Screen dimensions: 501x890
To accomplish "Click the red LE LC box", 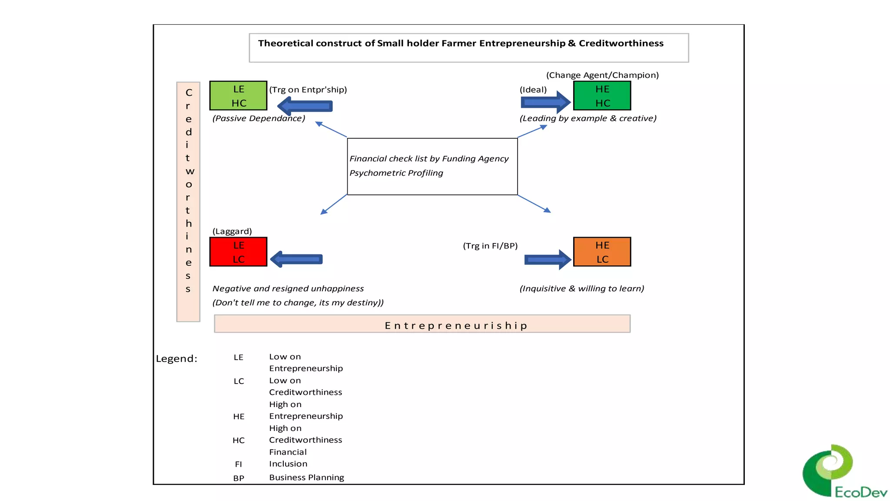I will click(238, 252).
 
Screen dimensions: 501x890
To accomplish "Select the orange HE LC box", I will click(602, 252).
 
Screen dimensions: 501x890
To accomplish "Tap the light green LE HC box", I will click(238, 96).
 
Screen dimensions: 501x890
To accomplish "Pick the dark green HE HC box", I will click(602, 96).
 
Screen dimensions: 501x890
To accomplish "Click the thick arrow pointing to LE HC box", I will click(305, 106).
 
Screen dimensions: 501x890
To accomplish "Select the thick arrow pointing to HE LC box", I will click(547, 260).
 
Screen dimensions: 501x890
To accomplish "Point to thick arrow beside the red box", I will click(296, 259).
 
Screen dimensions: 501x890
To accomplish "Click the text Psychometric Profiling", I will click(396, 173).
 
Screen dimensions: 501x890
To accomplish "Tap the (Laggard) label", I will click(232, 231).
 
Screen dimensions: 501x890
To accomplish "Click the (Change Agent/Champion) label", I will click(602, 75).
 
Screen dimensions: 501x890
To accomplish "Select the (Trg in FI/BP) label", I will click(490, 246).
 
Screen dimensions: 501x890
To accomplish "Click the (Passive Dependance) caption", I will click(259, 118).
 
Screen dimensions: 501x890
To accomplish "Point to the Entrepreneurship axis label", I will click(456, 326).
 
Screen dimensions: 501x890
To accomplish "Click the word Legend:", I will click(176, 359).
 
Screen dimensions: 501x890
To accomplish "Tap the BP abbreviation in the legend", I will click(239, 478).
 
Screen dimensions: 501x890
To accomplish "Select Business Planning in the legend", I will click(306, 478).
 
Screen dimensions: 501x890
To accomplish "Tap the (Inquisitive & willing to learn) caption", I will click(581, 289).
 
